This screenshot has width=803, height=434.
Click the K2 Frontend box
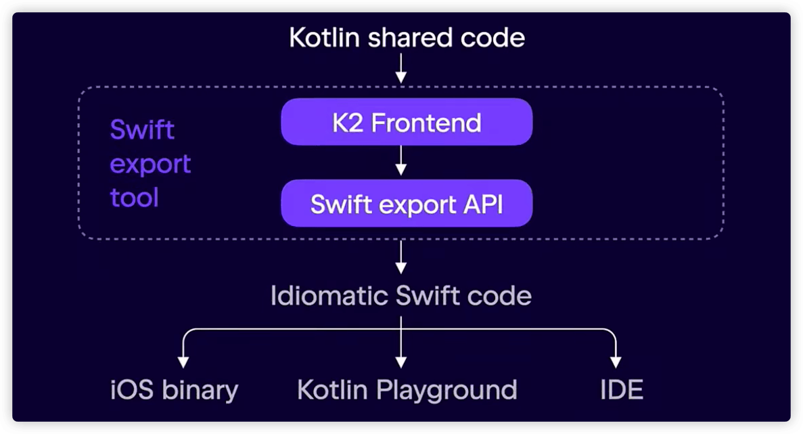pyautogui.click(x=407, y=122)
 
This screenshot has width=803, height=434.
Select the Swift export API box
pyautogui.click(x=407, y=203)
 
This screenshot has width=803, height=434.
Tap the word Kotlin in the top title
pyautogui.click(x=325, y=38)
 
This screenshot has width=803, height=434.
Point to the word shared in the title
pyautogui.click(x=413, y=38)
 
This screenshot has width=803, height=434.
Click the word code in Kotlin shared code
pyautogui.click(x=497, y=38)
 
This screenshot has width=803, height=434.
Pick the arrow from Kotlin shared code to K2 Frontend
pyautogui.click(x=401, y=70)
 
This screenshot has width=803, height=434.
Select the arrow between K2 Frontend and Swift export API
pyautogui.click(x=401, y=161)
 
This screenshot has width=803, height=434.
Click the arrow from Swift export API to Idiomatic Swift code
pyautogui.click(x=401, y=257)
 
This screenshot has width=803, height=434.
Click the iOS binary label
pyautogui.click(x=174, y=390)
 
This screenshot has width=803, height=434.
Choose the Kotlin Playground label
pyautogui.click(x=407, y=390)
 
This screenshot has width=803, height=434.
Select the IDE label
pyautogui.click(x=621, y=390)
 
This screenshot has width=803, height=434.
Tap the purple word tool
pyautogui.click(x=134, y=198)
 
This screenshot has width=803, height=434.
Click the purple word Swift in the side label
pyautogui.click(x=142, y=129)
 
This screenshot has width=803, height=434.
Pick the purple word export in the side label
pyautogui.click(x=150, y=164)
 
